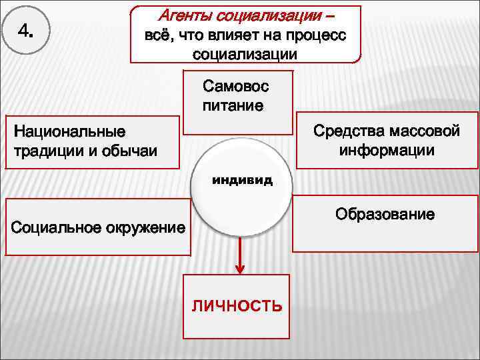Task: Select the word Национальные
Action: pos(64,130)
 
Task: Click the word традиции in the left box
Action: pos(44,150)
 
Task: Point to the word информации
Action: pos(386,150)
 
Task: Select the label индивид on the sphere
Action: pos(242,180)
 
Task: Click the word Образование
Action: pos(385,215)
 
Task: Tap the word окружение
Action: pos(143,228)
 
